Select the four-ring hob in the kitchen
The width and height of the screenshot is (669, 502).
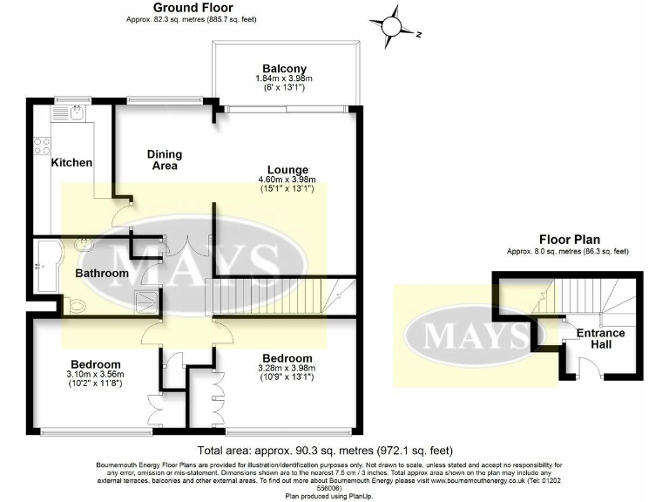tap(41, 147)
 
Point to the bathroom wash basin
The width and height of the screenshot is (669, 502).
tap(84, 245)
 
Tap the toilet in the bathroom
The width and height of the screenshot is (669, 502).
tap(76, 305)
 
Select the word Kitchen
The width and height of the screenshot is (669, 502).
tap(72, 163)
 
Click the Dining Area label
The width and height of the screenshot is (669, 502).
tap(163, 159)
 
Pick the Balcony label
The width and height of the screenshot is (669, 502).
tap(285, 69)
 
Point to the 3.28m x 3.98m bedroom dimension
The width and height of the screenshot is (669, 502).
tap(287, 370)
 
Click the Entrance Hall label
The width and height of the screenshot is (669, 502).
tap(601, 339)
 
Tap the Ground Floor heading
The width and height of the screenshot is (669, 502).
tap(191, 8)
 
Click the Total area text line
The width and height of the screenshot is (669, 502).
tap(325, 451)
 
